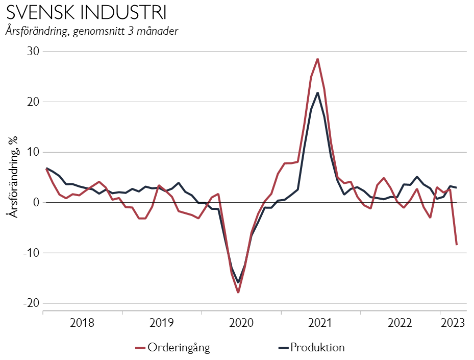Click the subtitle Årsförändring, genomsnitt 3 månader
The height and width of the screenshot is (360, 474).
pos(92,31)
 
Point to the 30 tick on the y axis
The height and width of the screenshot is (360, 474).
pos(34,52)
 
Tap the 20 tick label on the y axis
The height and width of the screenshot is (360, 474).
pos(34,102)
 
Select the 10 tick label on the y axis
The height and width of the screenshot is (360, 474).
pos(34,152)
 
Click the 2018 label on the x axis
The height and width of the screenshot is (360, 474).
pos(83,323)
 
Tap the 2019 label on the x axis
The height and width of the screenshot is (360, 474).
pos(162,323)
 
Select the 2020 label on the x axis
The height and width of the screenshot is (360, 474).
pos(241,323)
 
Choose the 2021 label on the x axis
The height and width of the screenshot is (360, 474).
pos(320,323)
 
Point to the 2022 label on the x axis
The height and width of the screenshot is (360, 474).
pos(400,323)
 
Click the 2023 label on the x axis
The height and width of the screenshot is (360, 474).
pos(453,323)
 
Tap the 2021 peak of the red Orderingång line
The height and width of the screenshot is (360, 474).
pos(317,59)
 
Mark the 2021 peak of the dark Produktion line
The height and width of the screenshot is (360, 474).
pos(317,93)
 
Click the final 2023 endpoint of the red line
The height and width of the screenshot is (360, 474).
pos(457,245)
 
